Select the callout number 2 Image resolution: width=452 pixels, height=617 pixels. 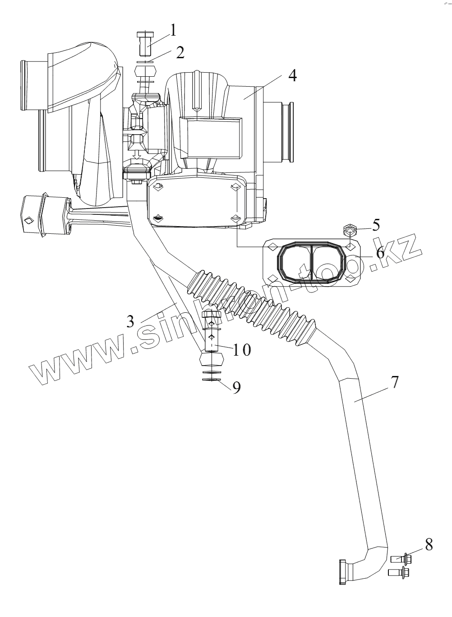[180, 52]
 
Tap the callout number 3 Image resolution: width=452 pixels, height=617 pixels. [130, 321]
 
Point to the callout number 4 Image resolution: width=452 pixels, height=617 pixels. [292, 75]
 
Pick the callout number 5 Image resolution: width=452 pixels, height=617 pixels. [376, 224]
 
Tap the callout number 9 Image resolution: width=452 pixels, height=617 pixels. [236, 387]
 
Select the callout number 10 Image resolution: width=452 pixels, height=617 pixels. [241, 348]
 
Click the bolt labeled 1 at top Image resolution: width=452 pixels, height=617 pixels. [145, 41]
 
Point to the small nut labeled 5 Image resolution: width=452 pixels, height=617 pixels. [350, 230]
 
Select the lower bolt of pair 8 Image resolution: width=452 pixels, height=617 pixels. [398, 574]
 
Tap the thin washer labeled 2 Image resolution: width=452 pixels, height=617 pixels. [145, 60]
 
